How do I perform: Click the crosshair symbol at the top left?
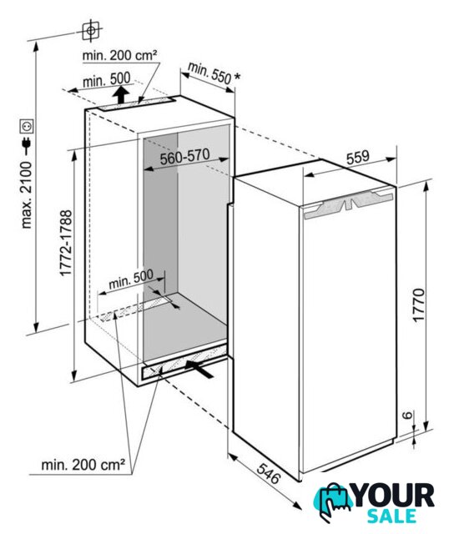click(x=91, y=31)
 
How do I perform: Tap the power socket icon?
click(x=27, y=127)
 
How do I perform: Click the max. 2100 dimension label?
click(x=27, y=194)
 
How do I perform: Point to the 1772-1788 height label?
click(x=66, y=243)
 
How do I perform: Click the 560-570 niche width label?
click(x=185, y=156)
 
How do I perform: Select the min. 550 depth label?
click(x=209, y=73)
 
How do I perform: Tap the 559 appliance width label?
click(x=358, y=158)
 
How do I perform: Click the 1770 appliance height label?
click(x=419, y=305)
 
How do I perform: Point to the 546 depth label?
click(x=269, y=473)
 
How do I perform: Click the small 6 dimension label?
click(x=407, y=415)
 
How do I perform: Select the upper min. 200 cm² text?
click(x=120, y=55)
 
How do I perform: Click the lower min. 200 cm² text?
click(x=83, y=464)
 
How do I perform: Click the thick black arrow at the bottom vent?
click(x=199, y=369)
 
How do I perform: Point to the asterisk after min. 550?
click(x=237, y=77)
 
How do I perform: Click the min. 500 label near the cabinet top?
click(x=107, y=80)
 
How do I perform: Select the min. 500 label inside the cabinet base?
click(x=131, y=280)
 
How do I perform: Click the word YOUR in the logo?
click(x=394, y=495)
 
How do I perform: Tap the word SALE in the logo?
click(x=391, y=516)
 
